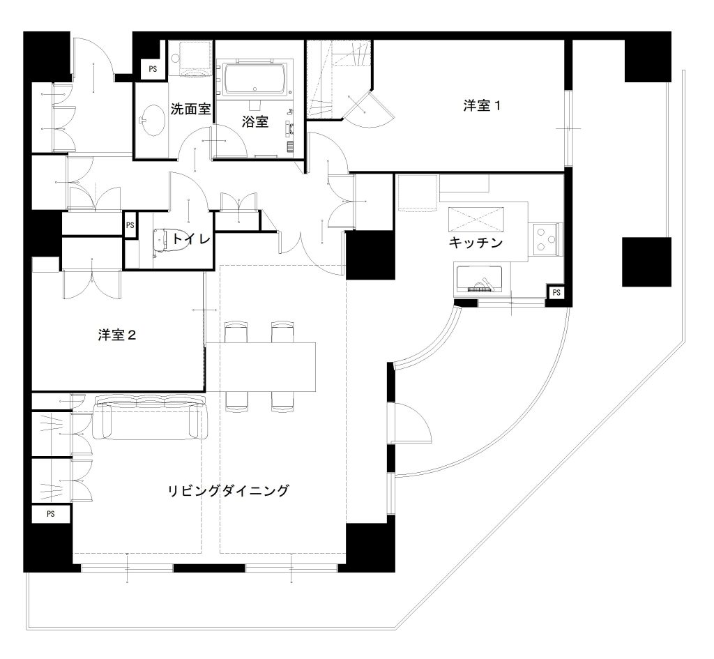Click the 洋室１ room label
pos(482,106)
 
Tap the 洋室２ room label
pos(117,335)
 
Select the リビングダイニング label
pos(229,490)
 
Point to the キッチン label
pos(476,242)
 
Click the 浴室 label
pos(255,121)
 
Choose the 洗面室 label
pos(190,109)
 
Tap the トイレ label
pos(191,238)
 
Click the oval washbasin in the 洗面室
pos(151,120)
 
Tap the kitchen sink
pos(478,280)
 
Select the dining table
pos(261,367)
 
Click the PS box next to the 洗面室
pos(153,69)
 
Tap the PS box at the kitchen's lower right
pos(556,292)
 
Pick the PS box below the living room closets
pos(50,514)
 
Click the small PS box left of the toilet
pos(130,225)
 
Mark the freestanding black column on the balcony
pos(646,262)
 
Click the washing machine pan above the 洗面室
pos(190,59)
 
